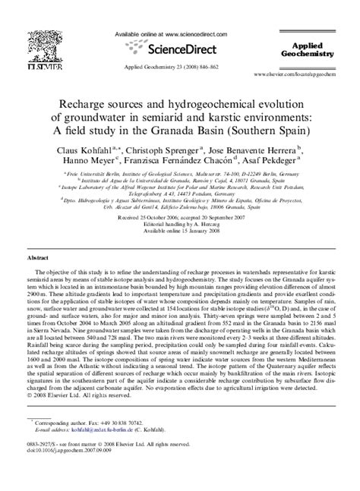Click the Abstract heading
click(x=38, y=258)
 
